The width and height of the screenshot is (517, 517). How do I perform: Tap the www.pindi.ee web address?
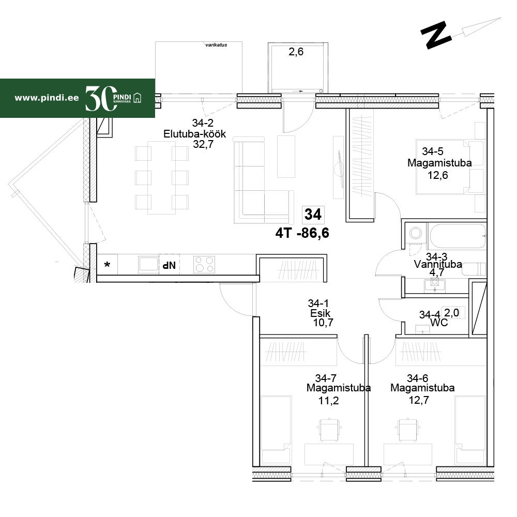coord(47,98)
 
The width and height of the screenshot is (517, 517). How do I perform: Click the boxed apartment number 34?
coord(313,215)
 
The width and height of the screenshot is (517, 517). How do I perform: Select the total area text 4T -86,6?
coord(302,233)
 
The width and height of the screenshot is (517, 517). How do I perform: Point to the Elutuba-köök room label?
coord(194,134)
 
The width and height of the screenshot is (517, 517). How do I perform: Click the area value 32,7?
coord(203,144)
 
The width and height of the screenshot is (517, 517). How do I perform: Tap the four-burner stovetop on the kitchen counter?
coord(204,264)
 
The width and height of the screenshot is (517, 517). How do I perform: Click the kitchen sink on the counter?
coord(148,264)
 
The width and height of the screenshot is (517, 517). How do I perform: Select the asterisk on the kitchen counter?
coord(107,264)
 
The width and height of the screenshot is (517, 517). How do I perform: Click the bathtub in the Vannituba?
coord(458,236)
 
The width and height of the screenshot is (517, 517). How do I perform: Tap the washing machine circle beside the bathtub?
coord(416,233)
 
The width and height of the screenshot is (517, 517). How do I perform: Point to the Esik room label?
coord(320,313)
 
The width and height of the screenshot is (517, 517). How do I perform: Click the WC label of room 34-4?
coord(439,322)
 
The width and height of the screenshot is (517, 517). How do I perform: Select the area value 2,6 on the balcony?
coord(296,52)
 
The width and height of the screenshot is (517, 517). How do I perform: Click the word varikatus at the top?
coord(216,45)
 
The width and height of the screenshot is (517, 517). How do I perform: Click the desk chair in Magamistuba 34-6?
coord(408,429)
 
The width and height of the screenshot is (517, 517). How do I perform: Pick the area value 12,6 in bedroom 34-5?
coord(438,175)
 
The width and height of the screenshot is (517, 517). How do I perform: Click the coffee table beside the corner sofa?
coord(286,157)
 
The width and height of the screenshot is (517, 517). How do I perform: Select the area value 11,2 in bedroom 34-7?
coord(328,401)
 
